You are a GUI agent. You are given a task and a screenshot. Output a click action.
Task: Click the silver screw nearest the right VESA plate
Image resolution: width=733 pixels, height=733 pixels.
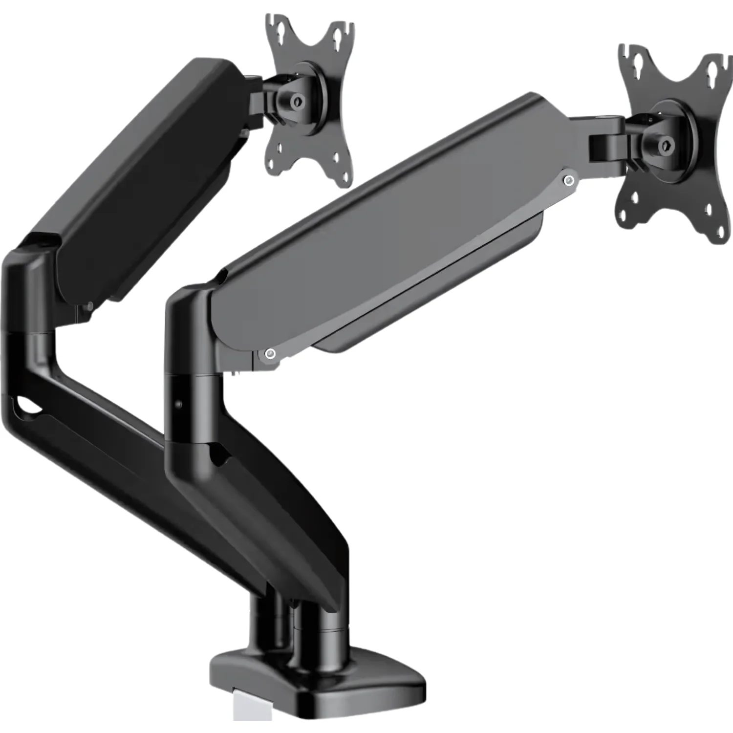click(568, 181)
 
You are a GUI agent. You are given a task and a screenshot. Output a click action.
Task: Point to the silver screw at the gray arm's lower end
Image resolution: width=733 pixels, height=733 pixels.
click(270, 354)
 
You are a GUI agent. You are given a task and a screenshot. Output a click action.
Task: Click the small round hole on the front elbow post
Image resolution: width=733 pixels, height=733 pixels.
click(178, 404)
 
